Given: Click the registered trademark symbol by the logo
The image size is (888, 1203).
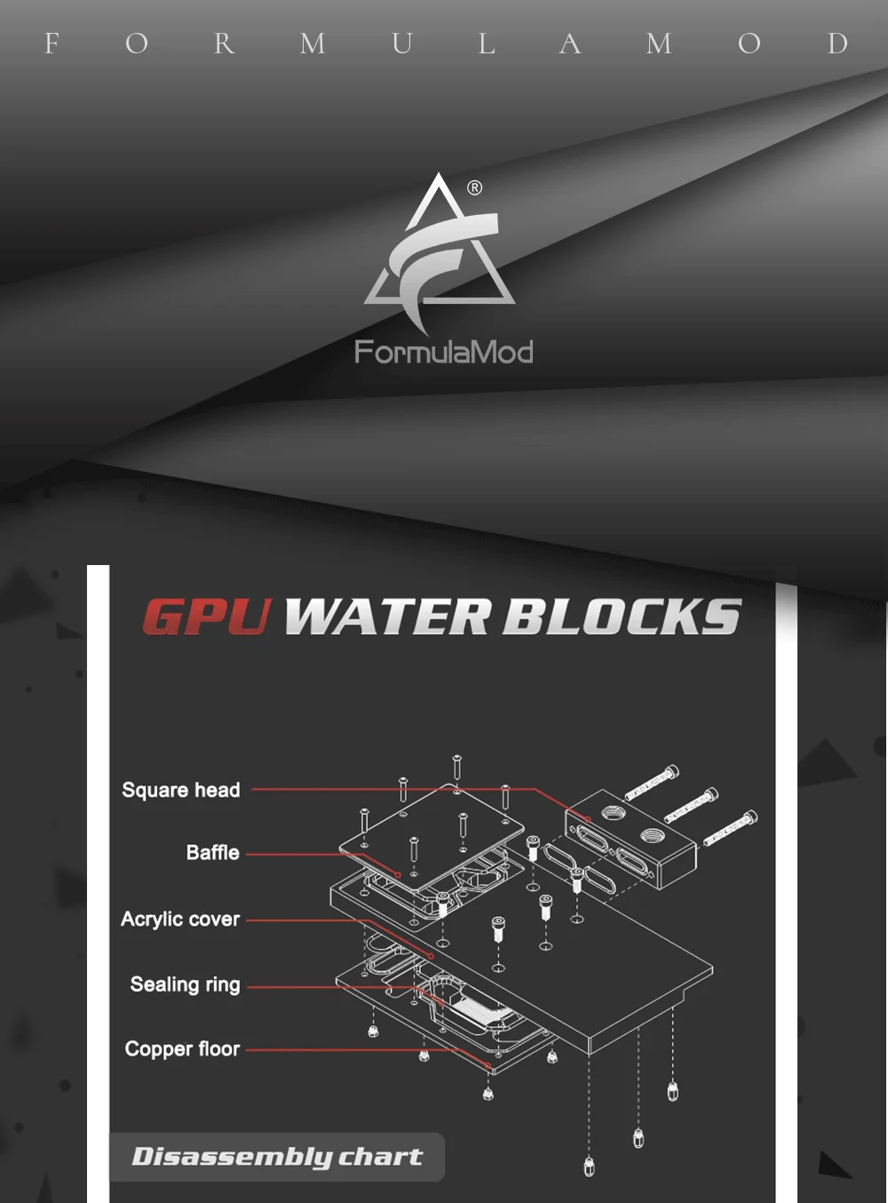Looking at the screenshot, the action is point(475,187).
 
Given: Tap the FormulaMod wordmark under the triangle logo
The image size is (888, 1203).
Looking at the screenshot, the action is point(443,353).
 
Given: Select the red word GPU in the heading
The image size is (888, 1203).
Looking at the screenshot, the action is point(206,617).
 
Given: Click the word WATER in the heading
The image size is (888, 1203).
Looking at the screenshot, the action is point(388,617).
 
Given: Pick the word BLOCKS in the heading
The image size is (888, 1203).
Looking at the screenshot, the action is point(622,617).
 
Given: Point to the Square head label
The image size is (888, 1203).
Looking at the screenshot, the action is point(181,790).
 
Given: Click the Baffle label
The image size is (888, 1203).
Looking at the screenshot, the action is point(213,853).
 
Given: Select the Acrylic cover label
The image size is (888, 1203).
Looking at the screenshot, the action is point(180,919).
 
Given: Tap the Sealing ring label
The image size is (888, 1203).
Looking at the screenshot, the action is point(185,984).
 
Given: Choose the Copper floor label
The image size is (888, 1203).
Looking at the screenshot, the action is point(182,1049).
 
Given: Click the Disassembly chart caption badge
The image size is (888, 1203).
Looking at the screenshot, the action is point(277,1157).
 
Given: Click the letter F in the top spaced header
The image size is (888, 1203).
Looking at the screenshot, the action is point(52,44).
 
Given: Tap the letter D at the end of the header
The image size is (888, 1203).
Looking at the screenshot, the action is point(837,44).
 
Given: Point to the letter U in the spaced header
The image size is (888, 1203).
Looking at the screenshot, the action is point(401,44).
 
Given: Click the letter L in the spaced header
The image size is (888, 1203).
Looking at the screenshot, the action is point(487,44).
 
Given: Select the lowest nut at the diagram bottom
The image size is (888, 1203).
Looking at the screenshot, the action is point(589,1167).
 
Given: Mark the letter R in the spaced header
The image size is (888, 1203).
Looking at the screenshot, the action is point(224,44).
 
